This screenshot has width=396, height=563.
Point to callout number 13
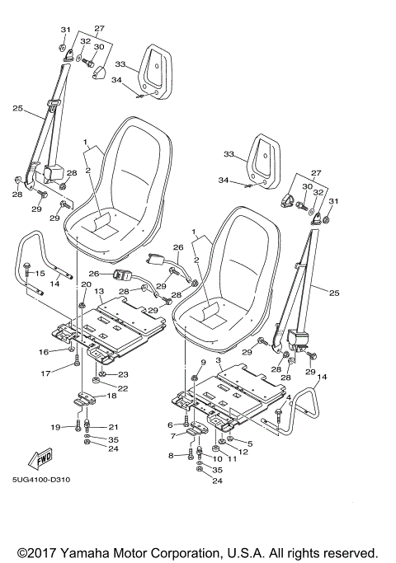pyautogui.click(x=97, y=292)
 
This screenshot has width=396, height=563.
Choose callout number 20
pyautogui.click(x=84, y=284)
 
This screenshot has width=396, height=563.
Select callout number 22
pyautogui.click(x=122, y=388)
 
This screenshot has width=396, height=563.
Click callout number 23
pyautogui.click(x=122, y=373)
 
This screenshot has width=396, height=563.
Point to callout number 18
pyautogui.click(x=111, y=396)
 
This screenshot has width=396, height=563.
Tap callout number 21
pyautogui.click(x=112, y=426)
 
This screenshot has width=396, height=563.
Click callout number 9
pyautogui.click(x=203, y=362)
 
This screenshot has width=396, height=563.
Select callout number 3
pyautogui.click(x=218, y=361)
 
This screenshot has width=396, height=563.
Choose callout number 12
pyautogui.click(x=243, y=452)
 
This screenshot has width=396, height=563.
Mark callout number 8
pyautogui.click(x=171, y=455)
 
